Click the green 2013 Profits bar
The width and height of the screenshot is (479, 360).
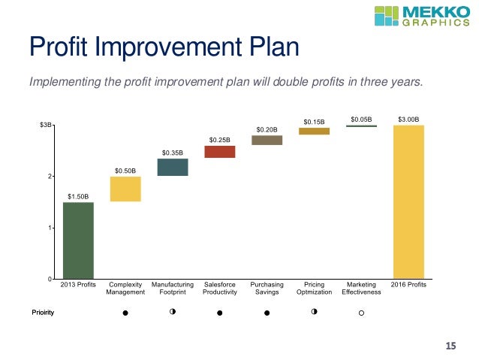click(x=78, y=240)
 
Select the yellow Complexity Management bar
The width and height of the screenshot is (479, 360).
click(x=125, y=189)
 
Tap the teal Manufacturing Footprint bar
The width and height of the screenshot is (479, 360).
click(x=173, y=167)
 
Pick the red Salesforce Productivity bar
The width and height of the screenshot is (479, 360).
click(x=220, y=151)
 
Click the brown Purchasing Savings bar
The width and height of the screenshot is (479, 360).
click(x=267, y=140)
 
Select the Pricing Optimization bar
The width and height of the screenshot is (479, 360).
click(x=314, y=131)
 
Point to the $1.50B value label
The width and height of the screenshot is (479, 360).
click(x=78, y=196)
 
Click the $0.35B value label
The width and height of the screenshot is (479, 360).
click(x=173, y=153)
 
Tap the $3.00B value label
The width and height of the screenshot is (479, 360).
click(x=408, y=119)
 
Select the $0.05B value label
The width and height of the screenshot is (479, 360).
click(x=361, y=119)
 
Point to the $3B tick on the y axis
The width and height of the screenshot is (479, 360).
click(x=46, y=125)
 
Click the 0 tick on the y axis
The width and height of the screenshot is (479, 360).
click(x=50, y=279)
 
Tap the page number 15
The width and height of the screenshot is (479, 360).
click(x=450, y=346)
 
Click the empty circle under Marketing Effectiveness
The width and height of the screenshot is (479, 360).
click(x=361, y=312)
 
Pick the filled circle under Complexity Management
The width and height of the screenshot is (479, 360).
click(x=125, y=312)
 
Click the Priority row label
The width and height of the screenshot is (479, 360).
click(x=43, y=312)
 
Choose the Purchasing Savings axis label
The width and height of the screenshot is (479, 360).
click(x=267, y=289)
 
